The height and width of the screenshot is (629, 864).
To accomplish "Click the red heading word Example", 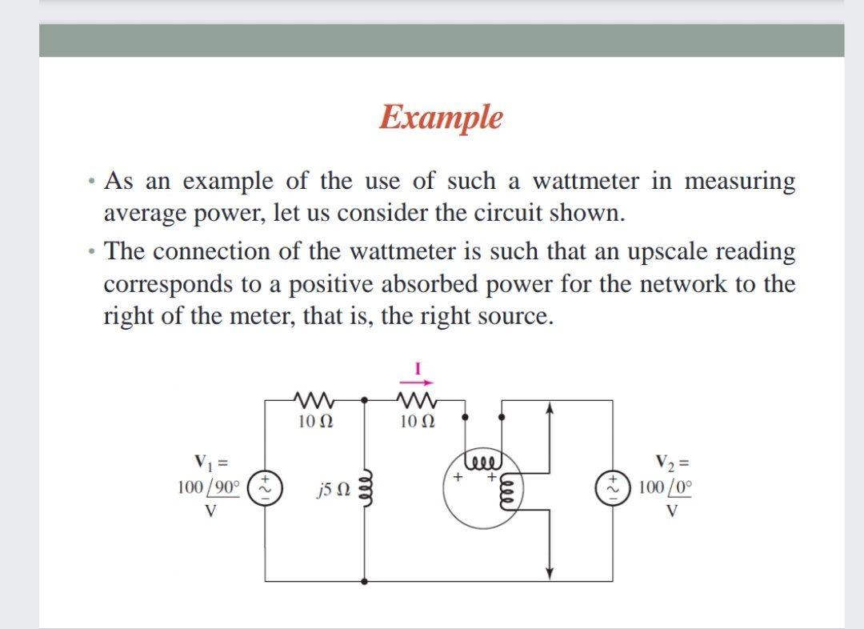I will click(441, 117).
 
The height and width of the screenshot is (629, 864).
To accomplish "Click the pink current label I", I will click(417, 369).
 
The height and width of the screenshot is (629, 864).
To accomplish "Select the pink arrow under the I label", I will click(417, 383).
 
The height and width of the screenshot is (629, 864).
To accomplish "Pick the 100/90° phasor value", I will click(208, 487).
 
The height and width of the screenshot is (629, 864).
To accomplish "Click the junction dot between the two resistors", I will click(366, 399).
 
